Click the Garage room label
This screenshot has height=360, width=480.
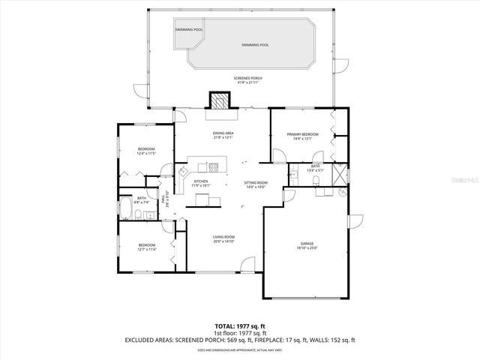(307, 243)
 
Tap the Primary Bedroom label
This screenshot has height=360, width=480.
(302, 134)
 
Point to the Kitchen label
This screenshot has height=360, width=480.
(201, 181)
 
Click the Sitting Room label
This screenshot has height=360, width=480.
(255, 182)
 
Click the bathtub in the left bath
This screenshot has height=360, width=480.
(124, 211)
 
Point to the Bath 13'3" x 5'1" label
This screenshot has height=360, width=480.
(316, 168)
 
